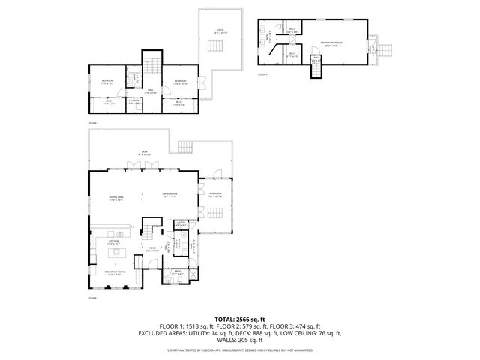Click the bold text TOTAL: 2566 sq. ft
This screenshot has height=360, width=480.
239,318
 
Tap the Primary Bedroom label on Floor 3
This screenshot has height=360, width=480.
331,43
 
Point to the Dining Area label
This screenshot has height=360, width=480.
115,199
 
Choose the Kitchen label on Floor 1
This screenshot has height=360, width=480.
115,242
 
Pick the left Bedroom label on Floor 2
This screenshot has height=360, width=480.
106,82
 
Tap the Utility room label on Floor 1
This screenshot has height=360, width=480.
181,223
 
